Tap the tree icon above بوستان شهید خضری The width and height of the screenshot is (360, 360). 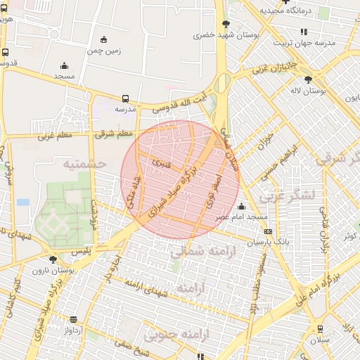click(x=225, y=25)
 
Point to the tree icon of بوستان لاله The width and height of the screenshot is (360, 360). click(x=309, y=79)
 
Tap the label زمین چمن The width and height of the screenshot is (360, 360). click(x=104, y=51)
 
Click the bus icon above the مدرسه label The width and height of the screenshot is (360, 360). click(x=125, y=99)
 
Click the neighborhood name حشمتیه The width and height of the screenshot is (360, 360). click(x=84, y=163)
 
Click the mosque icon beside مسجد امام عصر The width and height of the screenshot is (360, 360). click(x=242, y=206)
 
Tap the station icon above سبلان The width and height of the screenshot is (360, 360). click(x=320, y=328)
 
